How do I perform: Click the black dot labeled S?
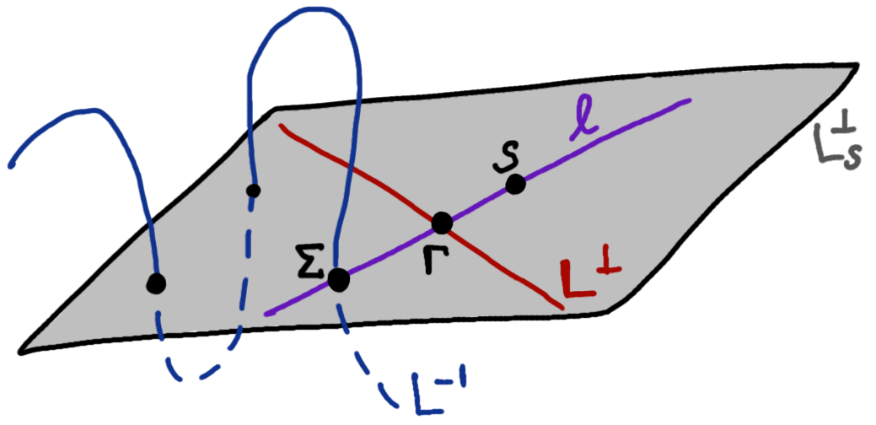click(x=515, y=185)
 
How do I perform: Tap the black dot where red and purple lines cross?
click(x=441, y=223)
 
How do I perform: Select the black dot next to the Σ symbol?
click(x=339, y=279)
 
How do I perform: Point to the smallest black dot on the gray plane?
click(x=251, y=191)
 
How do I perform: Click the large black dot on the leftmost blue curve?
click(x=155, y=284)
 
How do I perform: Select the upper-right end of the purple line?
click(x=690, y=101)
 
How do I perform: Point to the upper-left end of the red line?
click(x=281, y=126)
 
